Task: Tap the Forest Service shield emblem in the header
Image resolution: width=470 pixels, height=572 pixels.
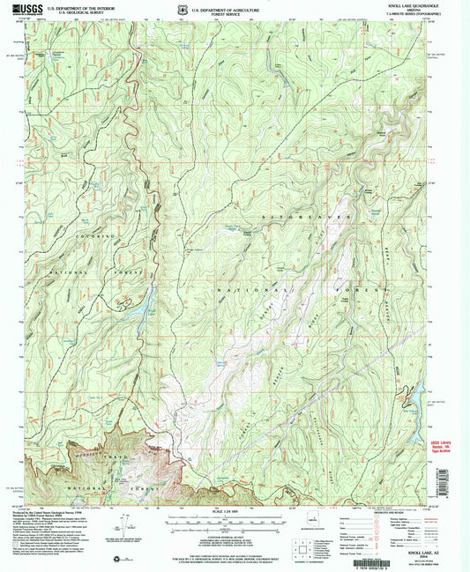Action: point(180,11)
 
